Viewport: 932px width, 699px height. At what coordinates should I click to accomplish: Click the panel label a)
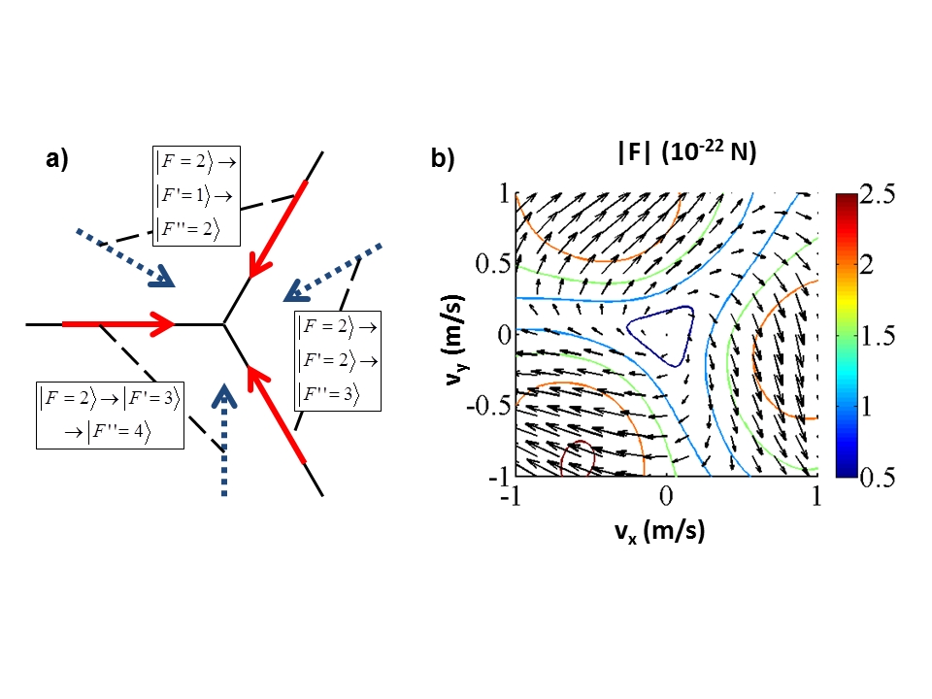click(57, 159)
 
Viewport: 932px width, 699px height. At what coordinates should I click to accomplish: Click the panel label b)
click(443, 158)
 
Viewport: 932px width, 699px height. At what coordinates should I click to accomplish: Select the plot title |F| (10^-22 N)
click(686, 151)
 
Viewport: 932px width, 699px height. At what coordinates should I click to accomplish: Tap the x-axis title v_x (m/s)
click(660, 531)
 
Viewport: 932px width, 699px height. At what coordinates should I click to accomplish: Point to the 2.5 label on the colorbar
click(878, 194)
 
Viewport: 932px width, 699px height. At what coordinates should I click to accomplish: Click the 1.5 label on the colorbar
click(879, 336)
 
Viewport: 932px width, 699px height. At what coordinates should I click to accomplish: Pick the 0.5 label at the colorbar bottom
click(878, 478)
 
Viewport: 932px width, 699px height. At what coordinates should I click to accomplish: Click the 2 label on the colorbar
click(867, 265)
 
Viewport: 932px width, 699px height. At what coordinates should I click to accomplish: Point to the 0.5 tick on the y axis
click(493, 264)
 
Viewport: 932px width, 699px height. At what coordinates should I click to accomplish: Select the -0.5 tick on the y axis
click(488, 406)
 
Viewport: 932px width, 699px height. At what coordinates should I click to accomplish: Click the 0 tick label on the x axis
click(666, 495)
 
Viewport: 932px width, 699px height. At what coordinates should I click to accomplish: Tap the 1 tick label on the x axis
click(816, 495)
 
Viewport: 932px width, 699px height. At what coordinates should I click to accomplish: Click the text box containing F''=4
click(110, 415)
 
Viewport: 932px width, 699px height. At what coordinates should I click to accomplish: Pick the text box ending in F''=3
click(338, 361)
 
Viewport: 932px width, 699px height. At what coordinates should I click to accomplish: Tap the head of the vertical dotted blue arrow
click(224, 396)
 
